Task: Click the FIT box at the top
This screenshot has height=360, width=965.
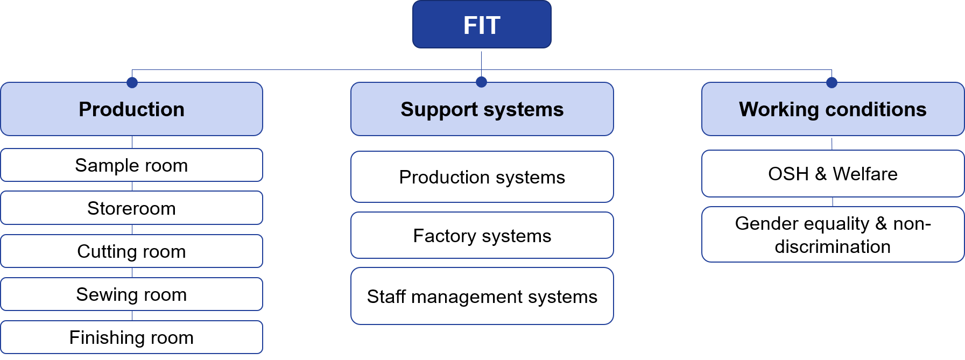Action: coord(482,25)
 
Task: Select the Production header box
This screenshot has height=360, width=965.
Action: coord(131,109)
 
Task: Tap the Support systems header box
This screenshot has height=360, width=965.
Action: coord(482,109)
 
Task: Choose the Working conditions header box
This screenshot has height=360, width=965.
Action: coord(833,109)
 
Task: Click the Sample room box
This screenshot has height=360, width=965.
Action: coord(131,165)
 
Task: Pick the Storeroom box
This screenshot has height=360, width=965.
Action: coord(131,208)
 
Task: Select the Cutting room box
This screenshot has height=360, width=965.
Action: coord(131,251)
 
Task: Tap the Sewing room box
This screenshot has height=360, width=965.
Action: coord(131,294)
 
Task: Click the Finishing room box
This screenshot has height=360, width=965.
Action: coord(131,337)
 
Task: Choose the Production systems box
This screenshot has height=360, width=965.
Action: coord(482,177)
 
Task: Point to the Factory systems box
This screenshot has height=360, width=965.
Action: coord(482,236)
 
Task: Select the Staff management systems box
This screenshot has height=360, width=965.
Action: coord(482,297)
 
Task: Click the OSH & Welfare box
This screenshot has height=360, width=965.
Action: coord(833,174)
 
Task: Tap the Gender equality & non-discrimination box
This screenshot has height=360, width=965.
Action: coord(833,235)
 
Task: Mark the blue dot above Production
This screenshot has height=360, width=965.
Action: coord(132,82)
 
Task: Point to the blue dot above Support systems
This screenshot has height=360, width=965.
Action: coord(481,82)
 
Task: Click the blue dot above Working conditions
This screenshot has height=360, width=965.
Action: coord(832,82)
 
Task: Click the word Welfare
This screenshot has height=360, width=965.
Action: coord(865,174)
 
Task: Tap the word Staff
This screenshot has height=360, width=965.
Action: coord(386,297)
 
